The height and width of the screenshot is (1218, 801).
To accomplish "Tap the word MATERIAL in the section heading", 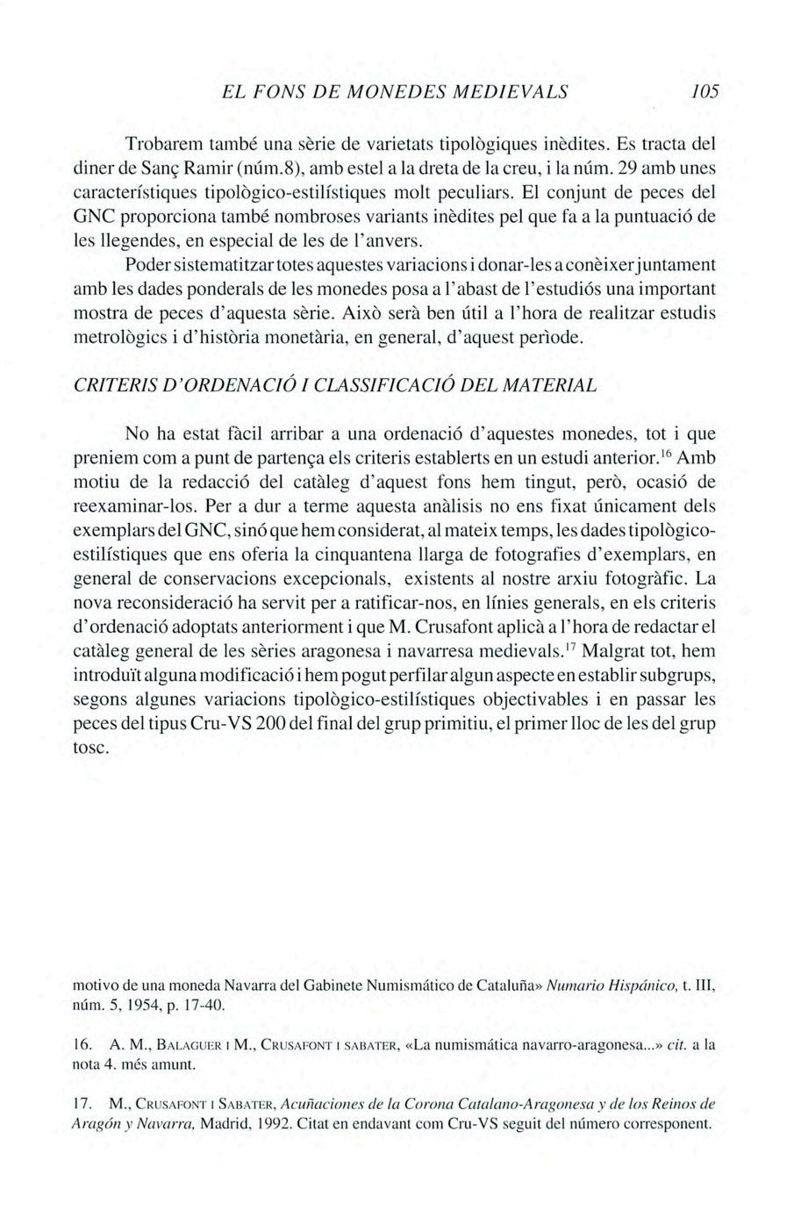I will (558, 385).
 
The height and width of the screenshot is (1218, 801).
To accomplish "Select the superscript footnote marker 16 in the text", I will (667, 453).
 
